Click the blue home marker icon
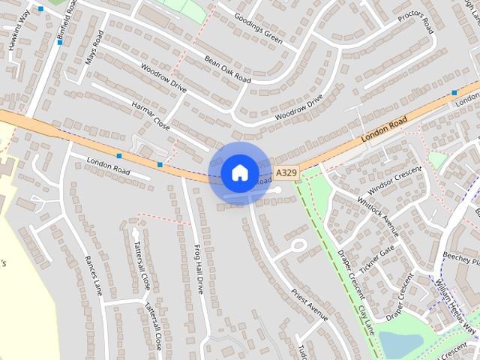tap(239, 172)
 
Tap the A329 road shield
tap(283, 172)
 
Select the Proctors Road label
tap(416, 23)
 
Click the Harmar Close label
tap(151, 116)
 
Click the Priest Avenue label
tap(309, 304)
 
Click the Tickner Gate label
tap(376, 259)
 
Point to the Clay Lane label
tap(365, 319)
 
